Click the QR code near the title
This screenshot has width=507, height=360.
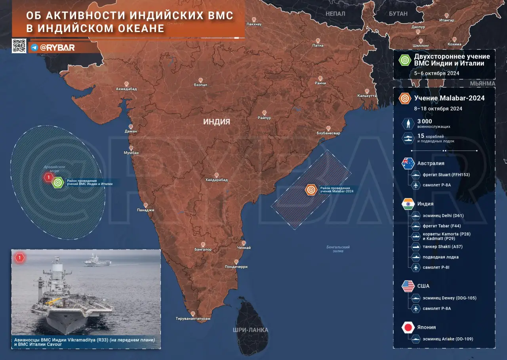19,46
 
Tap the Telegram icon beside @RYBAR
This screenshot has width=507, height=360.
34,47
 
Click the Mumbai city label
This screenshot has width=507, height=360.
131,153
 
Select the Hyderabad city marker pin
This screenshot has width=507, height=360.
216,175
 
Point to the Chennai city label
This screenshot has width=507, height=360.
243,248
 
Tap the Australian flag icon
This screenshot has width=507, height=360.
408,164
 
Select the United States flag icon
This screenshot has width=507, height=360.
408,286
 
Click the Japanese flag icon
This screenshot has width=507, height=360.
408,328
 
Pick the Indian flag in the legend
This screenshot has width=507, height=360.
408,204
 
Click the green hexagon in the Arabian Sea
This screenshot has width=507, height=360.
58,182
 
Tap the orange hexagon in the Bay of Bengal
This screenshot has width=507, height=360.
311,190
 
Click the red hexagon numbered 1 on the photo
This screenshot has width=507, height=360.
20,258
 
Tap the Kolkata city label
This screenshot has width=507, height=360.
366,95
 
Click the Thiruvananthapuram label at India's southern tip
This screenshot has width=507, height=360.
193,318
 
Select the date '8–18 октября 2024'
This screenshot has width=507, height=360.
438,109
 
